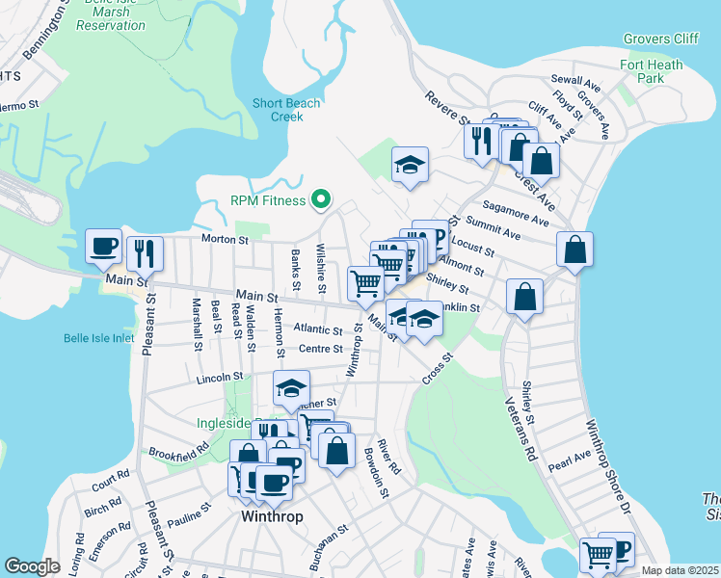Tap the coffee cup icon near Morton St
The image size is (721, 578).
[103, 246]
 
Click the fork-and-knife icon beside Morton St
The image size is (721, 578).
[145, 252]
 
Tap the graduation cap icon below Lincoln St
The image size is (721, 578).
[291, 387]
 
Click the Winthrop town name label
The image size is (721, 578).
[271, 516]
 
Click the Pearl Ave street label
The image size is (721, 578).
[570, 460]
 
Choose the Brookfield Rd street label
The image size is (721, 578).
[178, 451]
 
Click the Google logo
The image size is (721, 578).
[33, 565]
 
